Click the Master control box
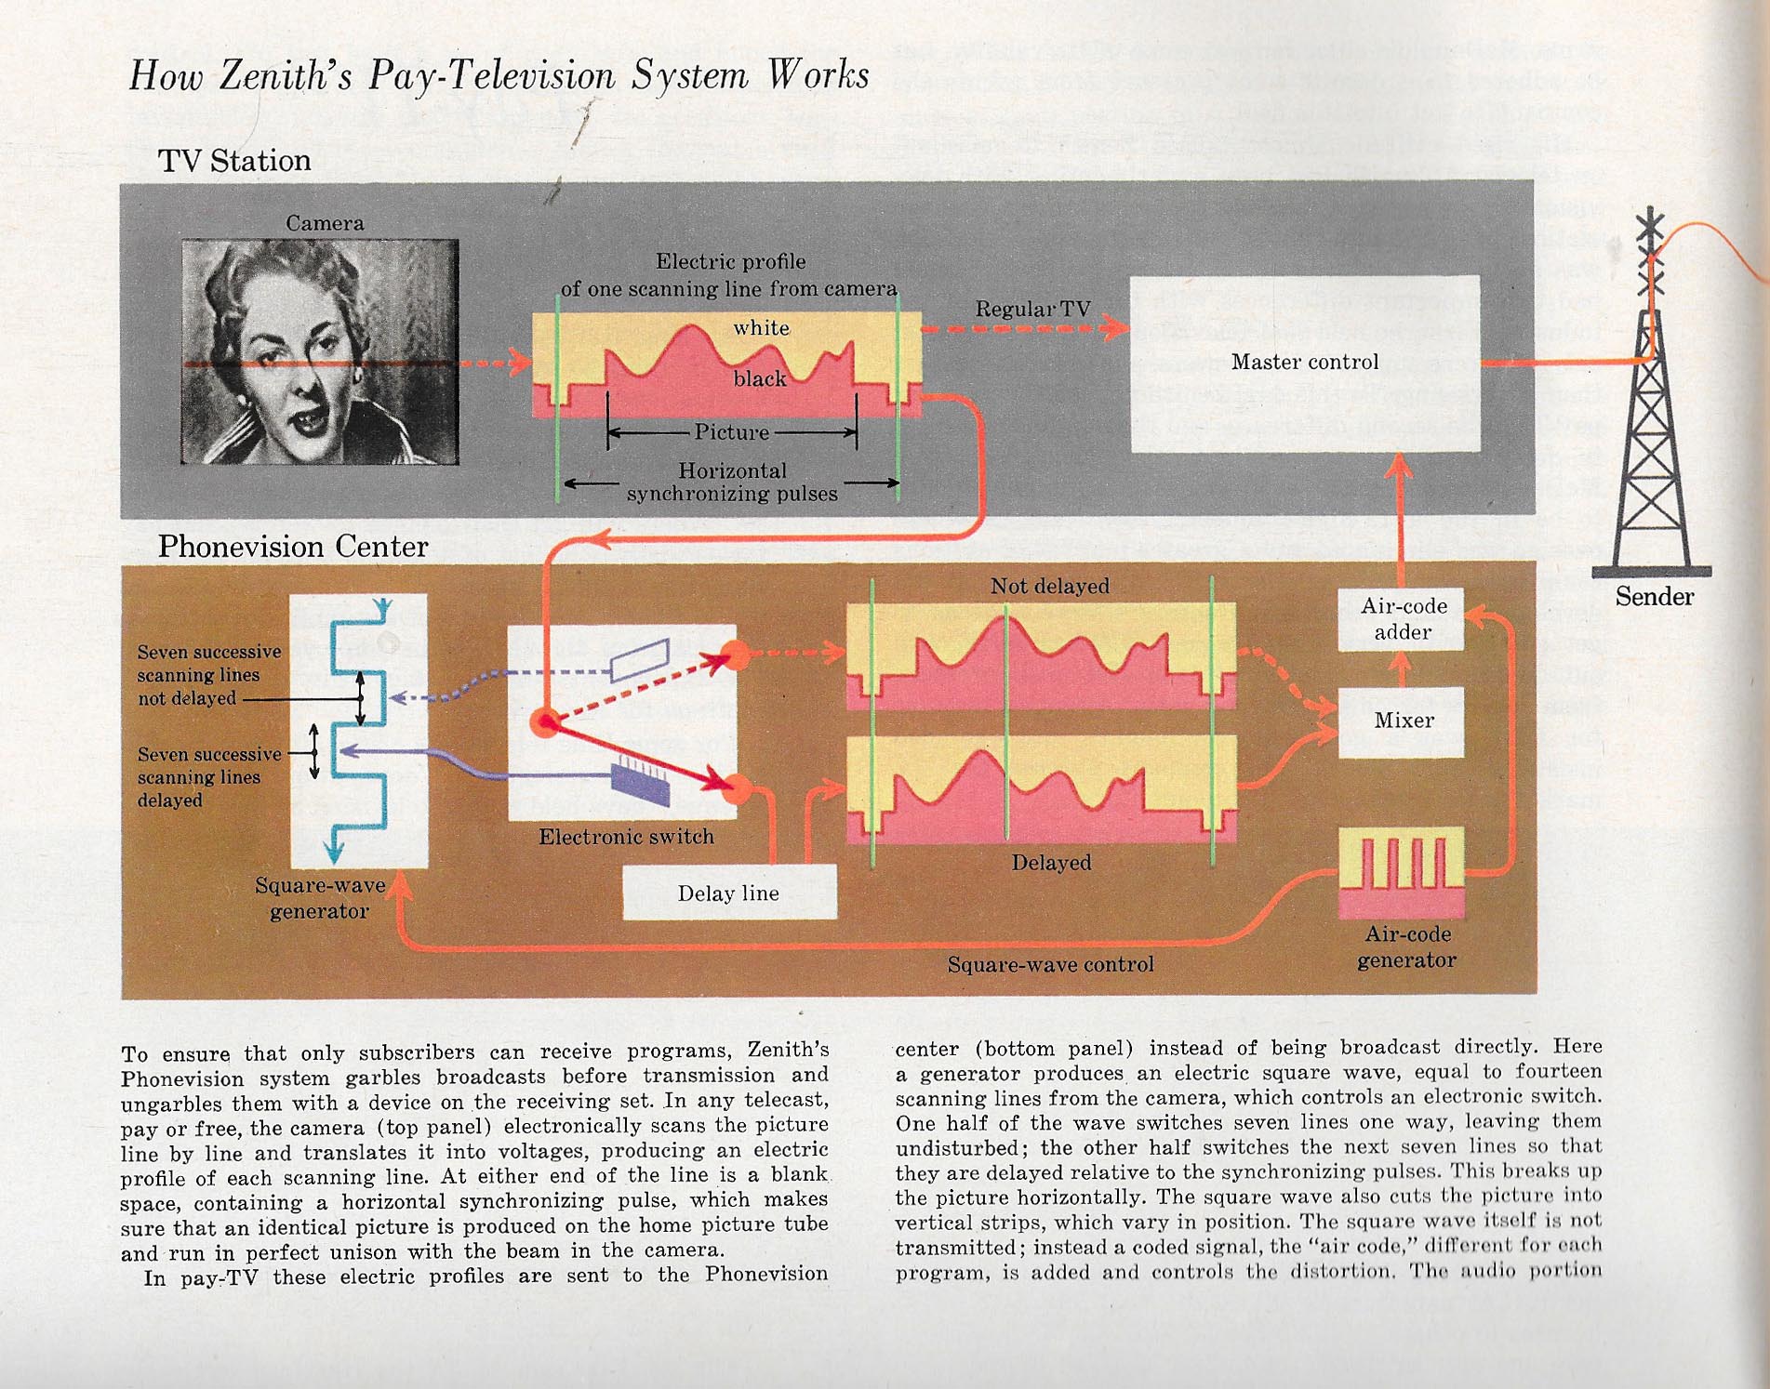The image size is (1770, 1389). click(1304, 364)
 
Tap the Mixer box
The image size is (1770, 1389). click(1402, 721)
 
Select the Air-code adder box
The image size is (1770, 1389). click(1402, 619)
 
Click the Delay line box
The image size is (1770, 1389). click(729, 893)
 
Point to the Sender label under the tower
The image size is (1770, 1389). click(1654, 597)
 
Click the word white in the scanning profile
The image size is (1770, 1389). click(761, 327)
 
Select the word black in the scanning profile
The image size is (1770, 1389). click(760, 378)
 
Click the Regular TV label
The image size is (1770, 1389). click(1032, 309)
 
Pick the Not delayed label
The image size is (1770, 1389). click(1049, 586)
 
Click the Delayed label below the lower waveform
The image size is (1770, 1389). click(1051, 863)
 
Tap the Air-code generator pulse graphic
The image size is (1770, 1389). click(1402, 872)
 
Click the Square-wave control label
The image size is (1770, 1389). click(1050, 965)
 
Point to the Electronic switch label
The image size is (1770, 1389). click(626, 837)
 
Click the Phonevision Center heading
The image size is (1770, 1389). click(293, 547)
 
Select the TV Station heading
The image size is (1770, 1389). click(234, 161)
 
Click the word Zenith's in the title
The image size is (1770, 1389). click(286, 75)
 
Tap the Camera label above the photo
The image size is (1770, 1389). click(325, 223)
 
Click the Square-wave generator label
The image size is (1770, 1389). click(320, 898)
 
